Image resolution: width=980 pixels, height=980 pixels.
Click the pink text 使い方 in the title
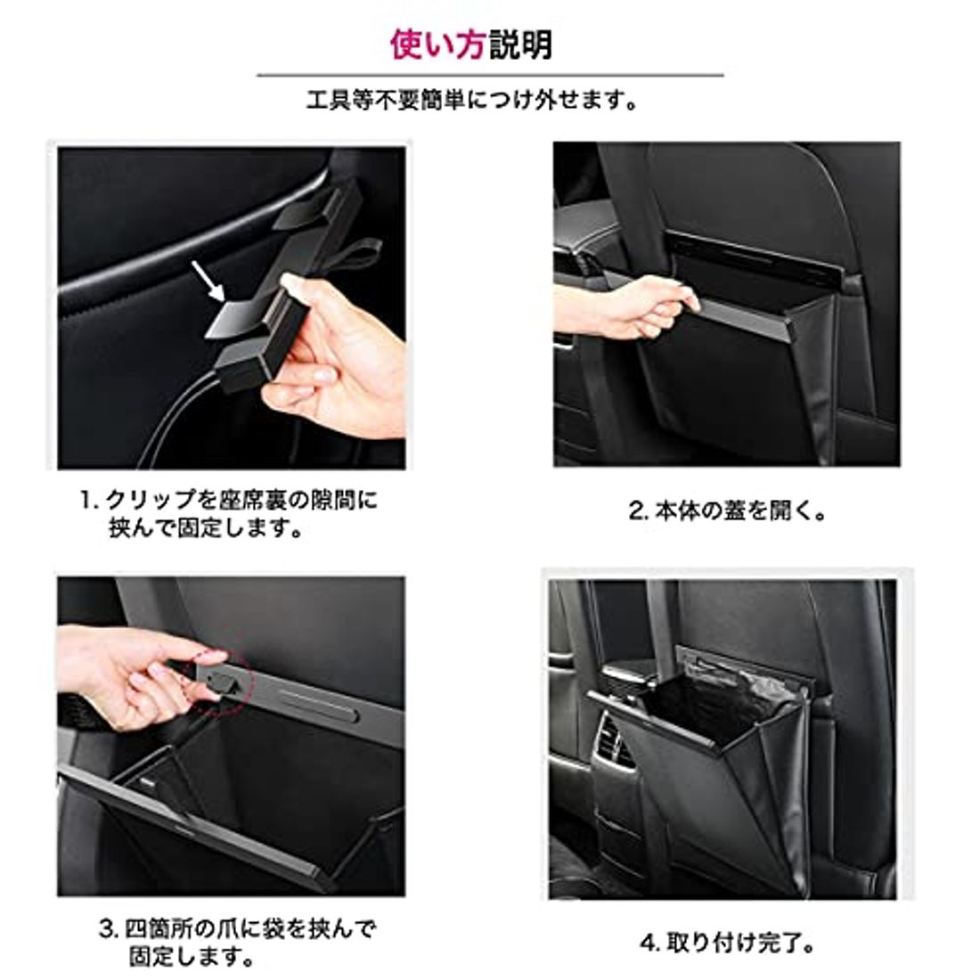(x=439, y=44)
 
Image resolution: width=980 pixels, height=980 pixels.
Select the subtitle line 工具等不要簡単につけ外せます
(x=472, y=100)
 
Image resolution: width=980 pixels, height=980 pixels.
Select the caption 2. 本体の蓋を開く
(x=728, y=511)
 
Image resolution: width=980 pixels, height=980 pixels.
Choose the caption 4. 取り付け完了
(x=728, y=943)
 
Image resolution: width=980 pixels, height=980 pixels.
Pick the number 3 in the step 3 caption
(x=106, y=932)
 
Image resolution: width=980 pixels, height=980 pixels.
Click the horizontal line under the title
(x=490, y=76)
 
